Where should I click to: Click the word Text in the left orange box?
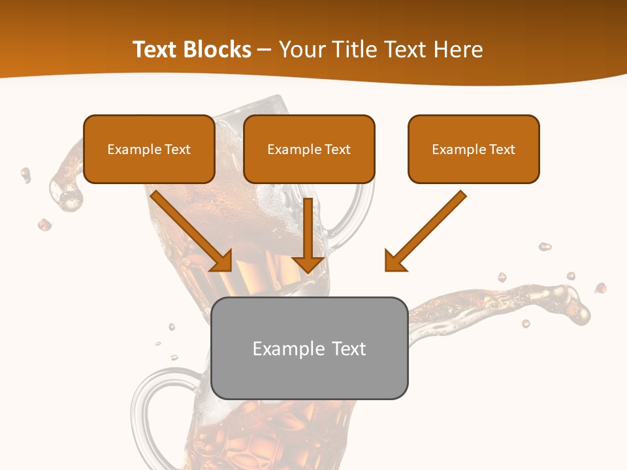pos(178,149)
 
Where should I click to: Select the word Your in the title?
pos(301,50)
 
